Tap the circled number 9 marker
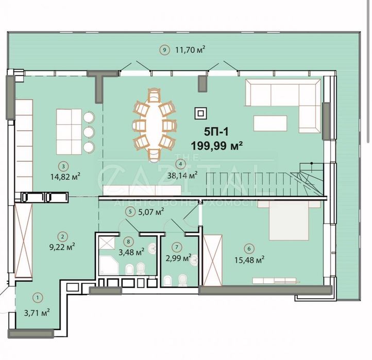164,50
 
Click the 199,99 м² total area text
216,146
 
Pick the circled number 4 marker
180,164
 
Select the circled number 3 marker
62,166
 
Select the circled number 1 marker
38,297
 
